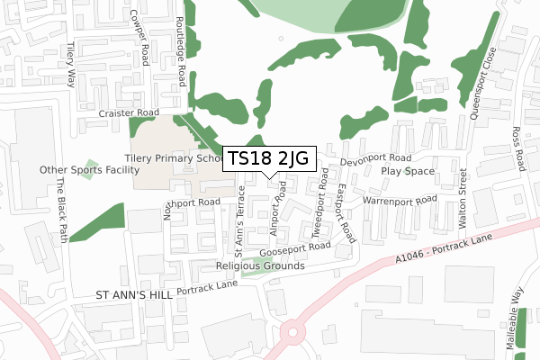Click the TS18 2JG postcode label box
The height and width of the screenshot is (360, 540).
coord(268,158)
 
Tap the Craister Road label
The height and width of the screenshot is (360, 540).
coord(130,114)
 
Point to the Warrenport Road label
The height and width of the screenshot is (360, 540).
coord(400,199)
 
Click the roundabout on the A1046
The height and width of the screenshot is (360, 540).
coord(293,334)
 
